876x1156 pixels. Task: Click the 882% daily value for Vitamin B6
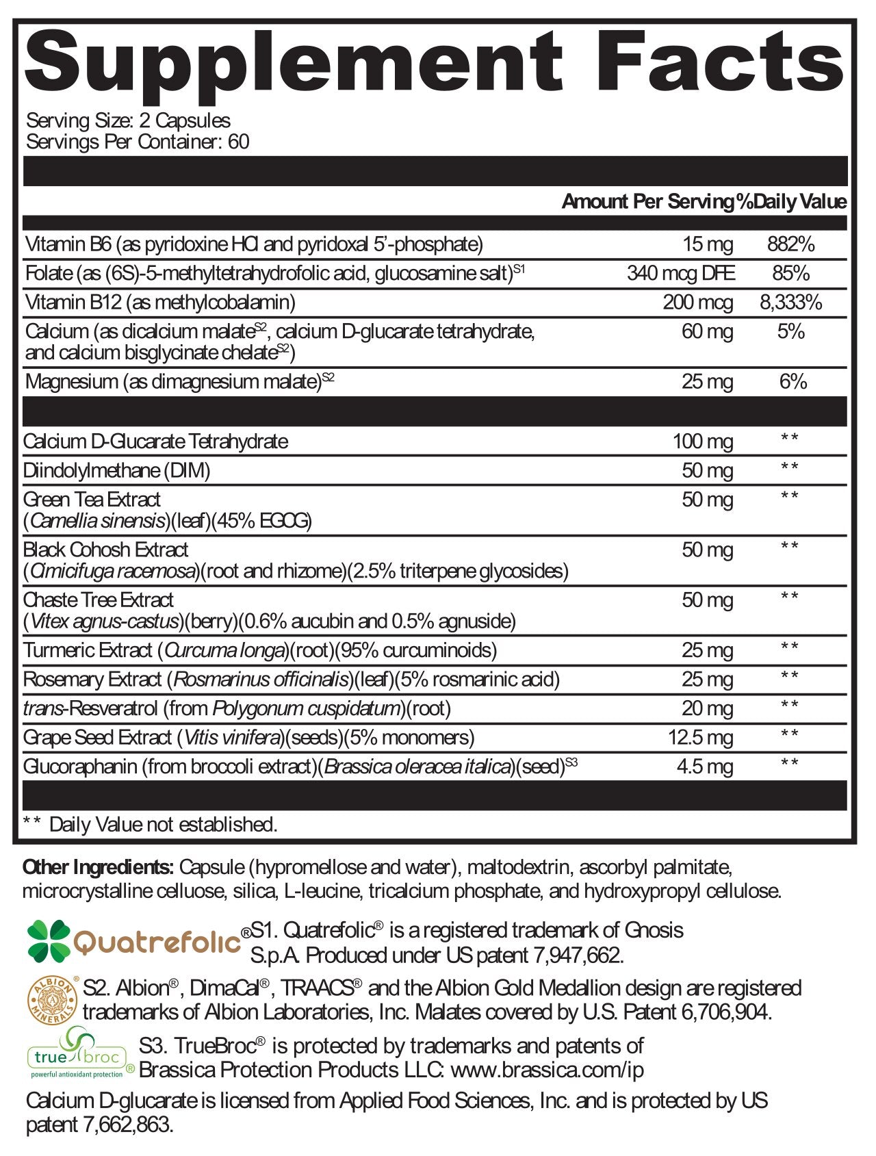click(x=790, y=244)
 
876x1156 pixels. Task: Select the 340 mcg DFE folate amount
click(x=680, y=274)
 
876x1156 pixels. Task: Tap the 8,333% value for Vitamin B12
click(x=790, y=303)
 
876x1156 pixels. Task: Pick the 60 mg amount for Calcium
click(x=707, y=332)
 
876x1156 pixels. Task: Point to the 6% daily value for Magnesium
click(x=793, y=382)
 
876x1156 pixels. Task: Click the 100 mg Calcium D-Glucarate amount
click(x=702, y=441)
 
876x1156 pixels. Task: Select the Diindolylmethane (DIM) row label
click(x=116, y=470)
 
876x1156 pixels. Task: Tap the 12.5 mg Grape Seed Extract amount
click(x=700, y=738)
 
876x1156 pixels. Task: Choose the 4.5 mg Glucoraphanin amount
click(x=704, y=767)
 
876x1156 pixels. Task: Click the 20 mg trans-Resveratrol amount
click(x=707, y=709)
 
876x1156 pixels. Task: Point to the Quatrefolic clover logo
click(x=49, y=940)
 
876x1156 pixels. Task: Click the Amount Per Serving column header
click(x=647, y=202)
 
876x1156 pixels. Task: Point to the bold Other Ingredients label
click(x=98, y=868)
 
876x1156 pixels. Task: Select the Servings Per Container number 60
click(x=239, y=142)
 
